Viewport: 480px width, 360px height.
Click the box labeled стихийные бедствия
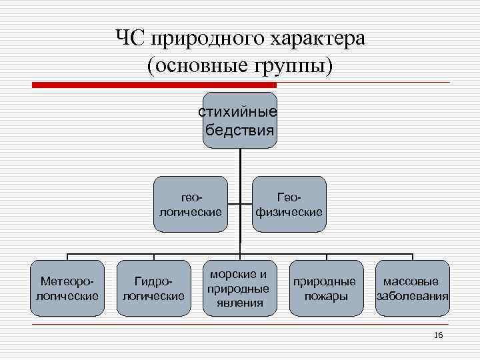point(239,120)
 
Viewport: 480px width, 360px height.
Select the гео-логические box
point(191,205)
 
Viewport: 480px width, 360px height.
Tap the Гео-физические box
point(289,205)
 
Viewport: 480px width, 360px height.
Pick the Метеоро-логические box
point(67,287)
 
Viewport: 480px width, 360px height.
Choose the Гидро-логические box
point(153,287)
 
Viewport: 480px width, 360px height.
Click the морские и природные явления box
point(239,287)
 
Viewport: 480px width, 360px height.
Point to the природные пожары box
point(326,287)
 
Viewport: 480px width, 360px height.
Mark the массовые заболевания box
point(413,287)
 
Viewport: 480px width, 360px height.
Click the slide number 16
point(438,335)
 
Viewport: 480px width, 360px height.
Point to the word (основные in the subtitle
point(195,66)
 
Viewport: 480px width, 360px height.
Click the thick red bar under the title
point(154,85)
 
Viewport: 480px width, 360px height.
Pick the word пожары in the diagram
point(326,296)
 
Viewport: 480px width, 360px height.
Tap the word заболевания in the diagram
point(413,296)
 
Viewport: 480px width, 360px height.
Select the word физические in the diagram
point(289,212)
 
